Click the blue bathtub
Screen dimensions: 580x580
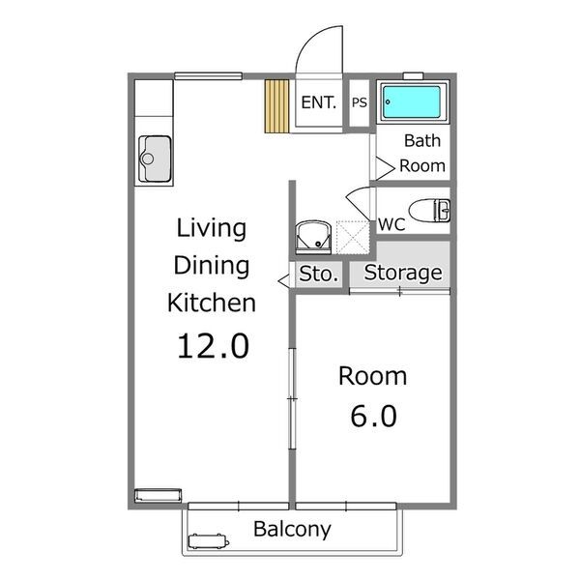click(x=412, y=102)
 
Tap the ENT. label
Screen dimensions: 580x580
click(x=318, y=102)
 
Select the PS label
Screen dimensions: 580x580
click(x=360, y=102)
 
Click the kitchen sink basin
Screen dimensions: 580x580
click(x=155, y=159)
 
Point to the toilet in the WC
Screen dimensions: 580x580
click(x=429, y=211)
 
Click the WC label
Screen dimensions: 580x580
click(x=391, y=224)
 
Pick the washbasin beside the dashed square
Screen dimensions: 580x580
click(x=313, y=237)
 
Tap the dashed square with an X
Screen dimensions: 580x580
click(x=353, y=238)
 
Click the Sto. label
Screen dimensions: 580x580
click(x=318, y=275)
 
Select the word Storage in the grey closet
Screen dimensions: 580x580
click(x=403, y=274)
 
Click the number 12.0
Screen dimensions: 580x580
click(x=213, y=346)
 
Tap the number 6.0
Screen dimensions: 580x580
click(x=373, y=416)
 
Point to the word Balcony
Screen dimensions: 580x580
click(x=292, y=530)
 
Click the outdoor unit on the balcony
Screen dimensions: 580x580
click(x=208, y=541)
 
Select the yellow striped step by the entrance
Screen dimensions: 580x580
click(x=276, y=106)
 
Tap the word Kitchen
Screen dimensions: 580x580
click(x=211, y=303)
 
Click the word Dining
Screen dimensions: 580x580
click(x=211, y=266)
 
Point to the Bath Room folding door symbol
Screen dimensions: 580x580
click(x=385, y=168)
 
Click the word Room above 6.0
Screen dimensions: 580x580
click(x=372, y=376)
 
